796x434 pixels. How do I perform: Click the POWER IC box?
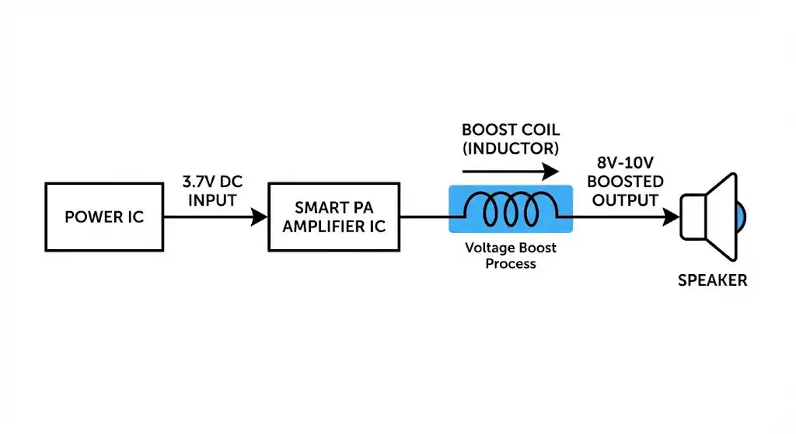[x=104, y=217]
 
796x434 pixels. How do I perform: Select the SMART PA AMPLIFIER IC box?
[x=333, y=217]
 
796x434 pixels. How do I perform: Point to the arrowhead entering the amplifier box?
[x=260, y=217]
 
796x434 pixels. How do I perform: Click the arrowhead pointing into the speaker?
[x=671, y=217]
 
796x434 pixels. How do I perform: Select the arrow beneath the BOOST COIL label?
[x=510, y=170]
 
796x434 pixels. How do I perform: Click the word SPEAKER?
[x=712, y=281]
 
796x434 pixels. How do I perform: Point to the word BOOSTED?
[x=626, y=182]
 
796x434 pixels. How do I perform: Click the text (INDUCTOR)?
[x=510, y=147]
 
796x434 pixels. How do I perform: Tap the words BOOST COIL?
[x=510, y=130]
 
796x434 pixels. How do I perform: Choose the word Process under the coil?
[x=511, y=264]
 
